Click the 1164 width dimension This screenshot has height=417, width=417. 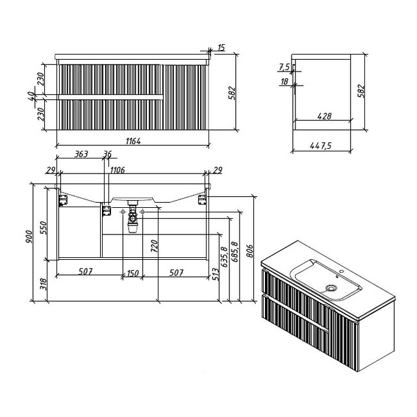133,141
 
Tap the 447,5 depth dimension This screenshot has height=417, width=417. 321,145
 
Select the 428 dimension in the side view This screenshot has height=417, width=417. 325,116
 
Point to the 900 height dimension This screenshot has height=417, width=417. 29,236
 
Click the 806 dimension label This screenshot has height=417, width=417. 249,251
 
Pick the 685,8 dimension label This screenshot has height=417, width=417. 235,251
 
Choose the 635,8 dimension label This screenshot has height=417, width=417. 224,257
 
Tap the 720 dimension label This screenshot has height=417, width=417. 154,246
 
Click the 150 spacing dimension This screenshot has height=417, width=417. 133,273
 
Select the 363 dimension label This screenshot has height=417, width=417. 81,154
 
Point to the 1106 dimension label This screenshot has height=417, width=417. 118,170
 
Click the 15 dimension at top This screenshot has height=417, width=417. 221,48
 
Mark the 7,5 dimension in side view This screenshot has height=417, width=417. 284,68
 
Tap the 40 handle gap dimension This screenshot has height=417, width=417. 31,96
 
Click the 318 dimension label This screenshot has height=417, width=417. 44,284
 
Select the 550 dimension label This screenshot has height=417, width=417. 43,228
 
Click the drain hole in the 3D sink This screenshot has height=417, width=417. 331,288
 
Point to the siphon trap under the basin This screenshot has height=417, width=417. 133,217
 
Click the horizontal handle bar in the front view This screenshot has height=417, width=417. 110,97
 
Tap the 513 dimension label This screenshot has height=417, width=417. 216,274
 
